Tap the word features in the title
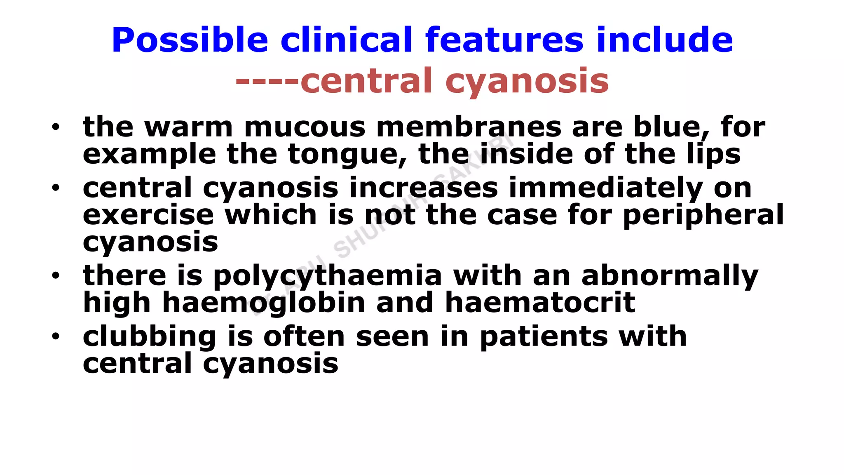[x=504, y=40]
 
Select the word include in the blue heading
[x=664, y=40]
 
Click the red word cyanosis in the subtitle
[x=527, y=81]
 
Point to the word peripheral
[x=703, y=215]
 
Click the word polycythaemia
[x=327, y=276]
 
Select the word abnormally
[x=670, y=276]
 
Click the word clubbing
[x=149, y=337]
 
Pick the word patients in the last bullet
[x=544, y=337]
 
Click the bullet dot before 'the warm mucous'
[x=56, y=127]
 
